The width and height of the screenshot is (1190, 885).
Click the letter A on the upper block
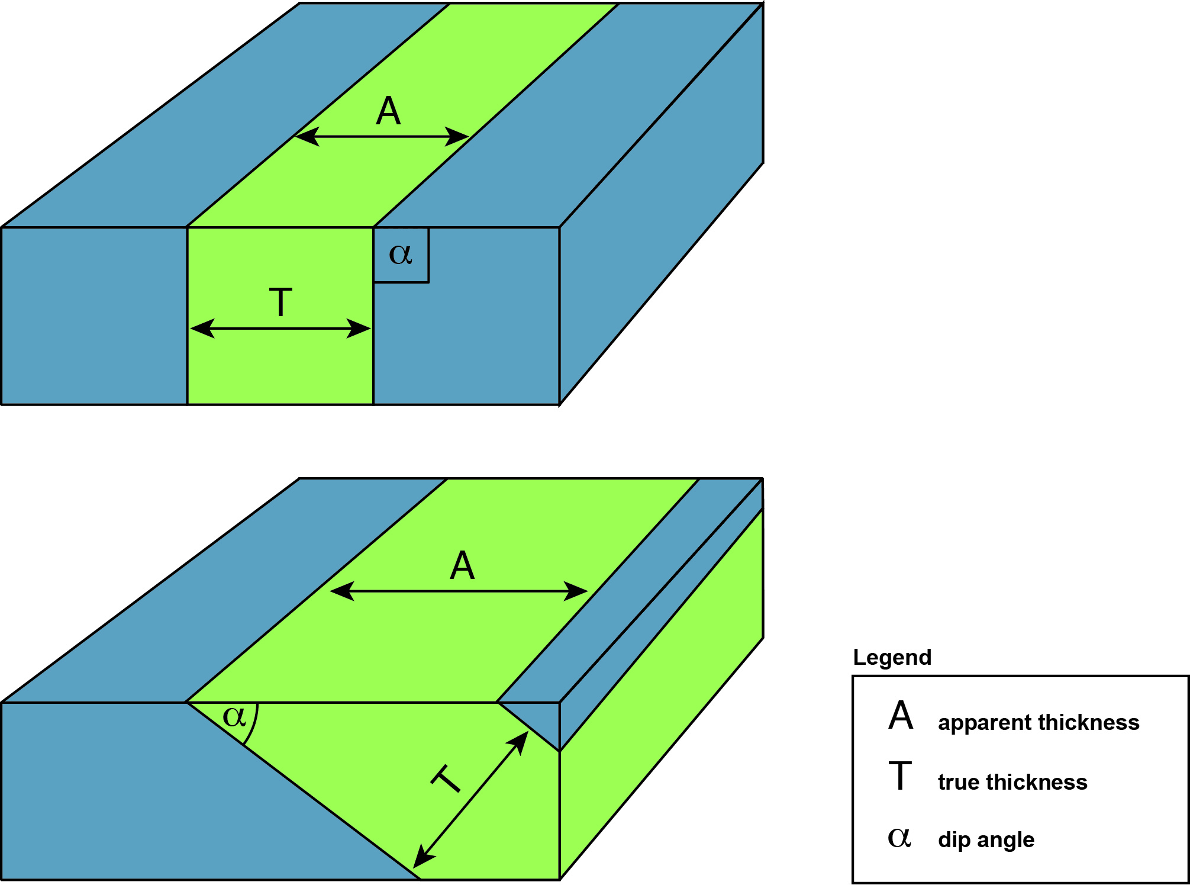(x=388, y=111)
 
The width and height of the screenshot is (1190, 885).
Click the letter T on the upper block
(x=280, y=302)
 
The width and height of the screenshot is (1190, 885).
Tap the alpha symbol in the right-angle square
(x=400, y=255)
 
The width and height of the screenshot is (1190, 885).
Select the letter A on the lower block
(x=462, y=565)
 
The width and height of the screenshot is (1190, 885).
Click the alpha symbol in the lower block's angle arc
(x=234, y=717)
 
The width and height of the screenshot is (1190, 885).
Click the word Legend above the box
(x=892, y=658)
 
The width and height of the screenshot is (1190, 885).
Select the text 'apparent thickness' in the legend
(x=1039, y=722)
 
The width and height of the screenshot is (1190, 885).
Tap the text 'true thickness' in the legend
(x=1012, y=782)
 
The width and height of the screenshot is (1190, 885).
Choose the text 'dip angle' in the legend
(x=986, y=839)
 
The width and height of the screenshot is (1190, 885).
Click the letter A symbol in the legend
(x=901, y=715)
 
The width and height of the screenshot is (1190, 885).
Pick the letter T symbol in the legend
(x=900, y=776)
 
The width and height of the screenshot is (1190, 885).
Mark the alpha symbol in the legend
(x=899, y=838)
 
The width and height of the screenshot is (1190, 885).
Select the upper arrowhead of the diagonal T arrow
(x=520, y=741)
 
